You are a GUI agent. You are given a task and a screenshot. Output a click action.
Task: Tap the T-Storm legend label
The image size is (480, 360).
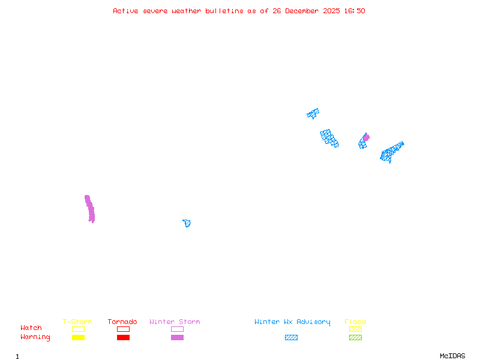coord(77,322)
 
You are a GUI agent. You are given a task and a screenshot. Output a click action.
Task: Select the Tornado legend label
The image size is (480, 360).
coord(122,322)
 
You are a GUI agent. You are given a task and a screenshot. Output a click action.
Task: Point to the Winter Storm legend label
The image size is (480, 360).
coord(175,322)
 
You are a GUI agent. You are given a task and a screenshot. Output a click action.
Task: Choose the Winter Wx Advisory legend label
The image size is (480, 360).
coord(292,322)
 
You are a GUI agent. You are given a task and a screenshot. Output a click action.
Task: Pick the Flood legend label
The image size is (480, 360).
coord(355,322)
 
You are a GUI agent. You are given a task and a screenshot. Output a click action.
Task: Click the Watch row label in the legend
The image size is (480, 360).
coord(31,328)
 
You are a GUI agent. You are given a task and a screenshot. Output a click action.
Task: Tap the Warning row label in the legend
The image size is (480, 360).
coord(35,337)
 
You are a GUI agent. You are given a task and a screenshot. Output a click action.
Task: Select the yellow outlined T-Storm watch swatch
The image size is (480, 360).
coord(78,329)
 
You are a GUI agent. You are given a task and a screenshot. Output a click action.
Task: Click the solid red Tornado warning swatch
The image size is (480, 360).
coord(123,337)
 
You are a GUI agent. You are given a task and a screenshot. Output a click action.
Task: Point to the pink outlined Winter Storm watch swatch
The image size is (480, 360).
coord(177,329)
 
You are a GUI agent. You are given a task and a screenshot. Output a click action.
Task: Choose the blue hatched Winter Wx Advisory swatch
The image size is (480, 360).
coord(291,337)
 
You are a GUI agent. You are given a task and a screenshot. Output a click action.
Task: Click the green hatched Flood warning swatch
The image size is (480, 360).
coord(355,337)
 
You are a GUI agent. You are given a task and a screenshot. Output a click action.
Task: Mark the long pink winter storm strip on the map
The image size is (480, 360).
coord(90,209)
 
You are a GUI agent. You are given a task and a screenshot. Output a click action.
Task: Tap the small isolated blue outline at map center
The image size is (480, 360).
coord(187,223)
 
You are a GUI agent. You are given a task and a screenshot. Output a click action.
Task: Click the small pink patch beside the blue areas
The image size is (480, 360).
coord(366,137)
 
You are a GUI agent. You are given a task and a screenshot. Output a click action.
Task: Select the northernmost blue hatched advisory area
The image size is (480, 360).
coord(313,113)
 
